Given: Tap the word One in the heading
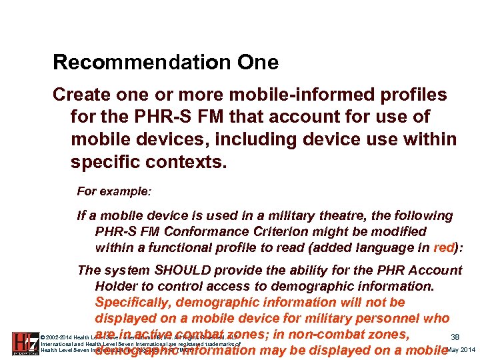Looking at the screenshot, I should [258, 63].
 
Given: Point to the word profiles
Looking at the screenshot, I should [406, 95].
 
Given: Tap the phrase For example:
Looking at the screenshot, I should [114, 191].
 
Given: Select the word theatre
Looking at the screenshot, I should [318, 216].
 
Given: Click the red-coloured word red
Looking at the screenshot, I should [443, 247].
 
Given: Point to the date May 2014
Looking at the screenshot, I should [461, 350].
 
